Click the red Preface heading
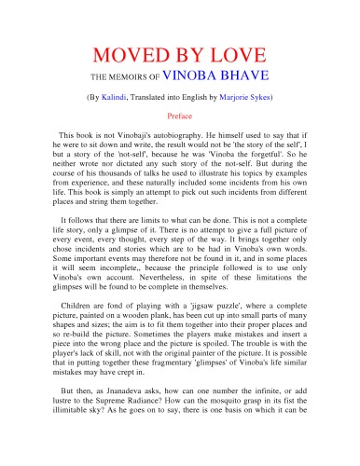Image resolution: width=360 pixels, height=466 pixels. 179,116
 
